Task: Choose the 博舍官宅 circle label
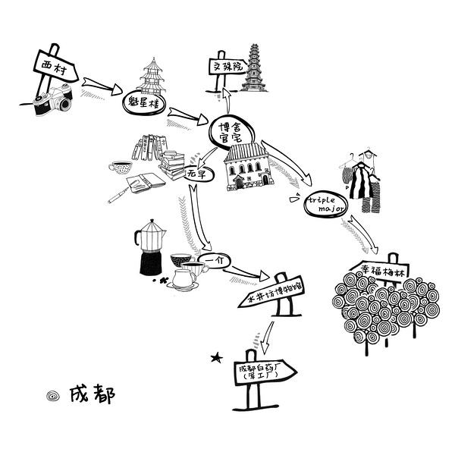tap(234, 131)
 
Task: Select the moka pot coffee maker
tap(150, 248)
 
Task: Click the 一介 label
tap(217, 260)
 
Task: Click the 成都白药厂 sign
tap(261, 371)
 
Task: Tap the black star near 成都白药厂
tap(218, 356)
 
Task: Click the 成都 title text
tap(91, 394)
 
